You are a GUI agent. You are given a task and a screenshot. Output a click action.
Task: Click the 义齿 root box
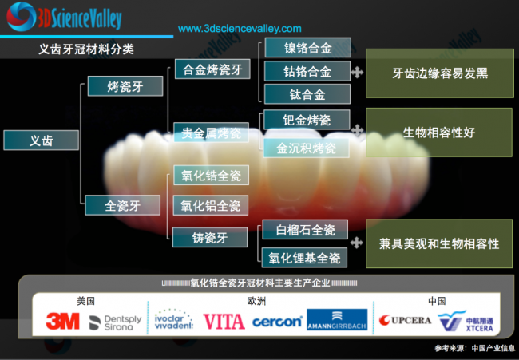(x=41, y=140)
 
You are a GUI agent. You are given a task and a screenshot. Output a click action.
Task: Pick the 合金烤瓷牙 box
(x=212, y=69)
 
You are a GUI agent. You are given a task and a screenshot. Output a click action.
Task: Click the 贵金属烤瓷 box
(x=212, y=133)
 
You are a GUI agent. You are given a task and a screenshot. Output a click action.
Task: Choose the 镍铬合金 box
(x=307, y=48)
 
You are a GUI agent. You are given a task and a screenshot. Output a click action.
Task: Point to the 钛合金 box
(x=307, y=95)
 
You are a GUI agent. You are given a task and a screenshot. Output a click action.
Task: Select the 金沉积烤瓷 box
(x=307, y=148)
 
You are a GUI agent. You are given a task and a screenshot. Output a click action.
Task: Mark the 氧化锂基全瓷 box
(x=304, y=258)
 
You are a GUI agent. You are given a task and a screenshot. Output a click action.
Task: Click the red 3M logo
(x=62, y=321)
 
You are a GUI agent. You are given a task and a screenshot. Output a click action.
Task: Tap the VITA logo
(x=224, y=321)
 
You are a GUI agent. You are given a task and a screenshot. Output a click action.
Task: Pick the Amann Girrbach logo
(x=337, y=321)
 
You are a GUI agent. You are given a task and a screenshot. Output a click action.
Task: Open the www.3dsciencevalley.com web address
(x=240, y=29)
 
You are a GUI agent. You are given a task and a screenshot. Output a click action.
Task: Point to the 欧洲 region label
(x=257, y=301)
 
